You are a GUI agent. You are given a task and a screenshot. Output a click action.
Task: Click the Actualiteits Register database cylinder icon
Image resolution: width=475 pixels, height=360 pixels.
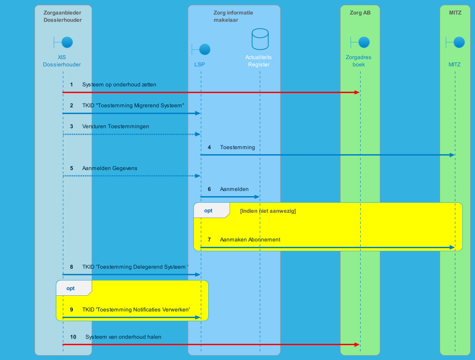pyautogui.click(x=260, y=39)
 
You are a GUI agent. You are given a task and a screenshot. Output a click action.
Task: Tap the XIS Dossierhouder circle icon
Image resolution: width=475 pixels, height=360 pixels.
pyautogui.click(x=67, y=42)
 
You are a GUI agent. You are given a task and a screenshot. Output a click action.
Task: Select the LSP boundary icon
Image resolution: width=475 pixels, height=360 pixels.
pyautogui.click(x=204, y=49)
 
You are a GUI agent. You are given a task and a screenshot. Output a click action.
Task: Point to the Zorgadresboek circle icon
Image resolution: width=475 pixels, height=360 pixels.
pyautogui.click(x=364, y=42)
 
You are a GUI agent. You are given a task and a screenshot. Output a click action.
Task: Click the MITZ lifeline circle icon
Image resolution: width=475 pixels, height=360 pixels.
pyautogui.click(x=459, y=42)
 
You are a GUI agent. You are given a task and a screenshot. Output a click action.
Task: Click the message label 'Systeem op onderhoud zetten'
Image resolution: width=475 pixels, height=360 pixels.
pyautogui.click(x=119, y=85)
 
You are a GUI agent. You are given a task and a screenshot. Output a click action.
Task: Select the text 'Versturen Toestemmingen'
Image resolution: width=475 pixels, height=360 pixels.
pyautogui.click(x=116, y=127)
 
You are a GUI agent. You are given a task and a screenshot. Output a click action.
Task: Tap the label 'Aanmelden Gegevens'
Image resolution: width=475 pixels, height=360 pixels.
pyautogui.click(x=110, y=169)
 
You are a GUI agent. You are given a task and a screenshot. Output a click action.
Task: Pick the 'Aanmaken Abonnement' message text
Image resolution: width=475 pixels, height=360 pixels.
pyautogui.click(x=250, y=240)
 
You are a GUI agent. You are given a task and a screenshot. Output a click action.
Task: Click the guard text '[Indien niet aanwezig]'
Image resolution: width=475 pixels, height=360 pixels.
pyautogui.click(x=268, y=211)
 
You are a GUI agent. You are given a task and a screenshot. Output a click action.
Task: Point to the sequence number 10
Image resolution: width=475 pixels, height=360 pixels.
pyautogui.click(x=73, y=337)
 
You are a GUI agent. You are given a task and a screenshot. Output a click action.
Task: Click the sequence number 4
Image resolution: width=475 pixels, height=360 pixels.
pyautogui.click(x=209, y=148)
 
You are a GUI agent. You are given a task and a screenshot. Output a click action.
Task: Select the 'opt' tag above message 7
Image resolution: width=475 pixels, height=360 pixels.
pyautogui.click(x=208, y=211)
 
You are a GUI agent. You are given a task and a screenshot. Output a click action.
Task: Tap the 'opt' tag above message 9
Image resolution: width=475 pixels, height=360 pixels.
pyautogui.click(x=70, y=288)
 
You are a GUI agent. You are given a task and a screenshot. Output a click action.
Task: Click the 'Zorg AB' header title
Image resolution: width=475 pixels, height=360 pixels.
pyautogui.click(x=360, y=13)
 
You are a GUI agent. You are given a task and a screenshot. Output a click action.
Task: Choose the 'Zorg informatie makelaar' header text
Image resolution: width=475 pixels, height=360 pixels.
pyautogui.click(x=233, y=17)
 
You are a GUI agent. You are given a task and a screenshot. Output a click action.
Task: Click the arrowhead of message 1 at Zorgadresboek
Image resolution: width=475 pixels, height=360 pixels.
pyautogui.click(x=357, y=93)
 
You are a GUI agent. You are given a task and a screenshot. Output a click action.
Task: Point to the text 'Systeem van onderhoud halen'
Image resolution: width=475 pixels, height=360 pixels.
pyautogui.click(x=123, y=337)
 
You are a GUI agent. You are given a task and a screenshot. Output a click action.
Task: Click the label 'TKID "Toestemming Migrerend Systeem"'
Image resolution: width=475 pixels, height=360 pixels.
pyautogui.click(x=133, y=106)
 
